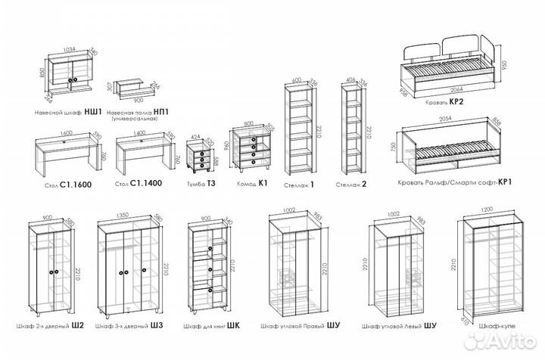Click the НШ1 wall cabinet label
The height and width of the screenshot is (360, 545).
[x=66, y=111]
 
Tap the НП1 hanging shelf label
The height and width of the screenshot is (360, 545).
[x=140, y=111]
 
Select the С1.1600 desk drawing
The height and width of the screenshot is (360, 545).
[x=67, y=154]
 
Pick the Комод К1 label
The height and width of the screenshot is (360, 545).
[x=253, y=183]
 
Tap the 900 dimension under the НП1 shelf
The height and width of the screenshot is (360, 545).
[x=138, y=99]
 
